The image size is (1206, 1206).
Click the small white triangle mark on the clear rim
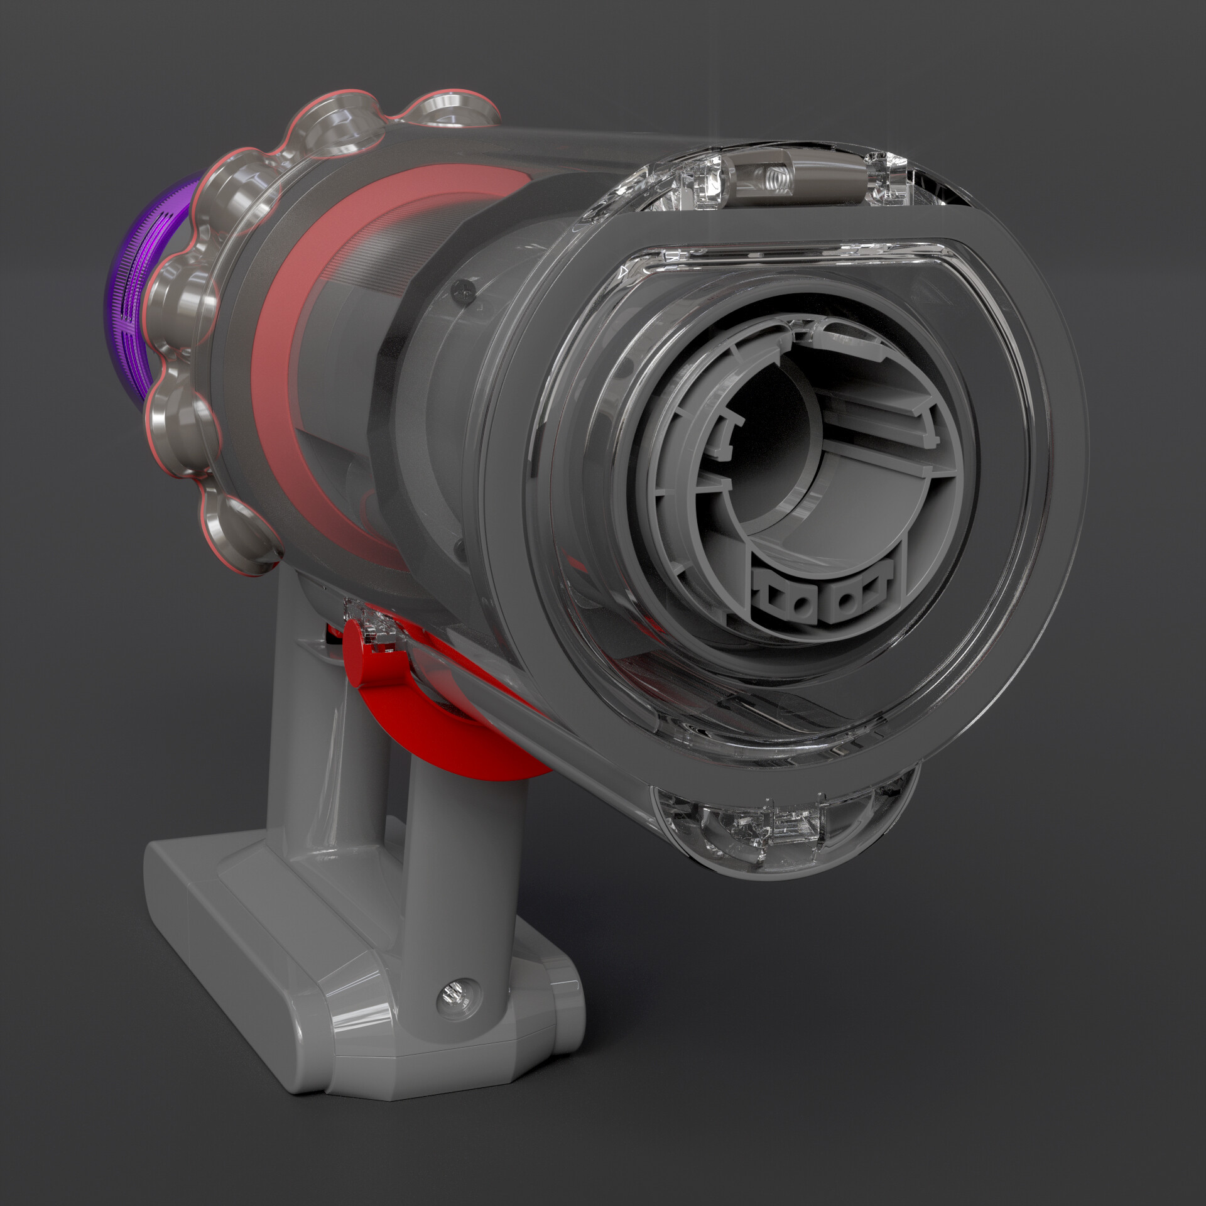[x=622, y=271]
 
